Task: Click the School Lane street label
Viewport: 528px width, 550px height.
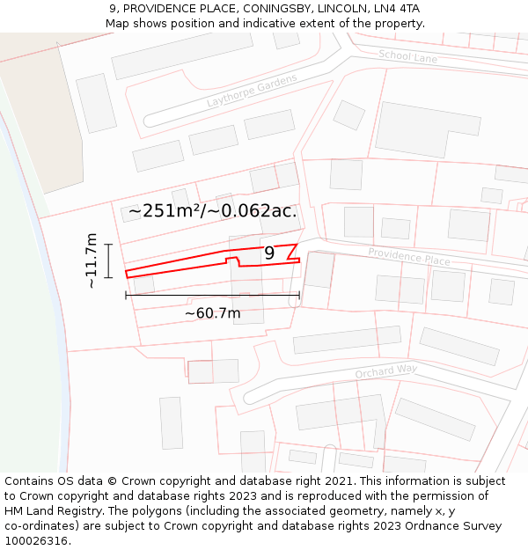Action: click(407, 57)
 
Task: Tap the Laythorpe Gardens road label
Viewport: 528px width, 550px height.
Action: click(253, 91)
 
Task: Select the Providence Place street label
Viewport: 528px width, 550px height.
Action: click(408, 257)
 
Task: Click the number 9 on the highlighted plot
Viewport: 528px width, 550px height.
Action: click(269, 253)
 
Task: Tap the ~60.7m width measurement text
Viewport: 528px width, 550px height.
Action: click(212, 312)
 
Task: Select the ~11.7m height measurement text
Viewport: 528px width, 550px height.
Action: click(92, 260)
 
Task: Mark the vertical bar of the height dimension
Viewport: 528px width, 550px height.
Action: click(108, 260)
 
